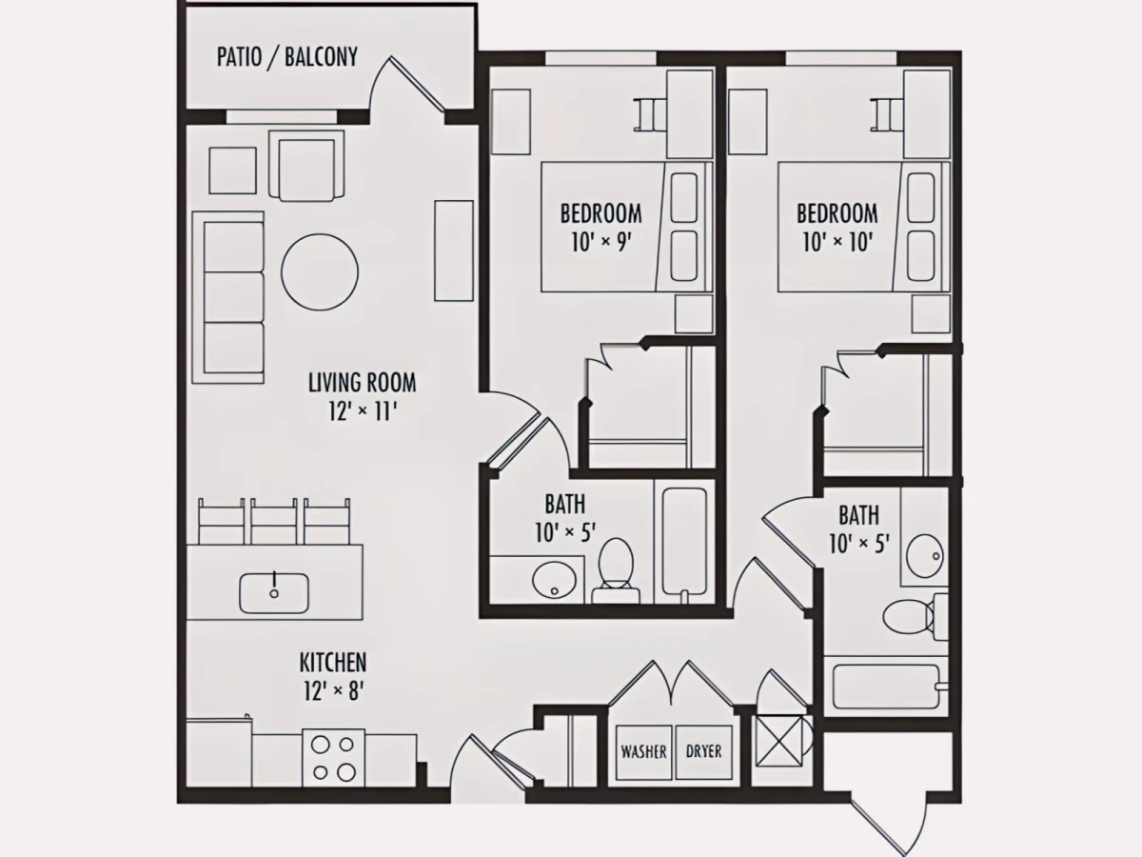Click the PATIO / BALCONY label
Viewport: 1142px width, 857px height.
(287, 57)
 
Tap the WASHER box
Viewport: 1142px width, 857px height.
(643, 752)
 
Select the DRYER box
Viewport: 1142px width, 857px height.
(703, 752)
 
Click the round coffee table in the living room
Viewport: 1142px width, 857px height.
(320, 271)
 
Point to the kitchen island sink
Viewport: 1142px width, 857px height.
(274, 593)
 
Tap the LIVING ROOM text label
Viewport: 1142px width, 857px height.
(363, 383)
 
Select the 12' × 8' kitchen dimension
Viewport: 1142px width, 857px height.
(333, 691)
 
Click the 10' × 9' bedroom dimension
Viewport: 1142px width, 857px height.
(601, 242)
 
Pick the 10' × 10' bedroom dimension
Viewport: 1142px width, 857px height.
(837, 242)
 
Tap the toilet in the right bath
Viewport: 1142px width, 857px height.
(916, 617)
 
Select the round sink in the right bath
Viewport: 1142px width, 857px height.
(924, 556)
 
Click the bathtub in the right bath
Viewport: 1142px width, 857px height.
(887, 687)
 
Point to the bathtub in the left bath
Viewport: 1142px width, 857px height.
(684, 542)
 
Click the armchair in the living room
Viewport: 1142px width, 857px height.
(306, 166)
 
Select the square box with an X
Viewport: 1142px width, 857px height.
(778, 741)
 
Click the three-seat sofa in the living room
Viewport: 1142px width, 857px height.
(227, 298)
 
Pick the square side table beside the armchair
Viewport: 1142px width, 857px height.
(232, 170)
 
